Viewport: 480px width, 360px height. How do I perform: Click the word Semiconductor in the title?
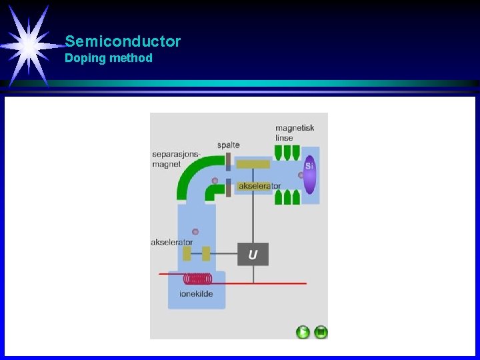123,41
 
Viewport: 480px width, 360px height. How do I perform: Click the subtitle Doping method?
109,58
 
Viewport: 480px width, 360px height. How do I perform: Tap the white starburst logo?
29,45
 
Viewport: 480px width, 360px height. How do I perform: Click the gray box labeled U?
253,254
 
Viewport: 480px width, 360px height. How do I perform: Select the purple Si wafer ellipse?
310,175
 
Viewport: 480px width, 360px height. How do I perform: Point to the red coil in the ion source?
199,279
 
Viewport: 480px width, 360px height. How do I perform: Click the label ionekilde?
196,294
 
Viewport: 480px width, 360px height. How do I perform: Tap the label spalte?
229,145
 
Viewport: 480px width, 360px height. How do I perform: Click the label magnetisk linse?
295,133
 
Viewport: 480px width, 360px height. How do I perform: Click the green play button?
303,331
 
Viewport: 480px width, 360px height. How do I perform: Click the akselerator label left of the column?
171,242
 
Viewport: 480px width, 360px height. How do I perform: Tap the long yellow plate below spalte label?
253,164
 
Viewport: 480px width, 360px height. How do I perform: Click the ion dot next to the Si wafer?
301,175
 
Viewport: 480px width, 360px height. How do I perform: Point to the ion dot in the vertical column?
195,232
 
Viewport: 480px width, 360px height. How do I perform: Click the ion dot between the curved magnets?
215,181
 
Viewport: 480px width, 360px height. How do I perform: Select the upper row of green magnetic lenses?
287,153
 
